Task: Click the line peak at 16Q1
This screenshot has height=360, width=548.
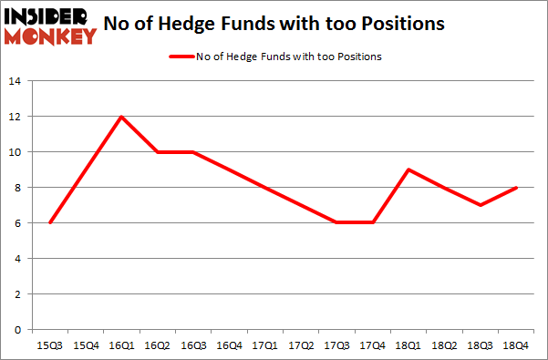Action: click(121, 117)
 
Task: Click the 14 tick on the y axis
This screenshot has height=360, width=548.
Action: click(15, 81)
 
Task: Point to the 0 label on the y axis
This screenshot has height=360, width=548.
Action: click(18, 330)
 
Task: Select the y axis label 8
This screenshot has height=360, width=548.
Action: click(18, 188)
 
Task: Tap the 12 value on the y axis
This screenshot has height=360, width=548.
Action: click(15, 117)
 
